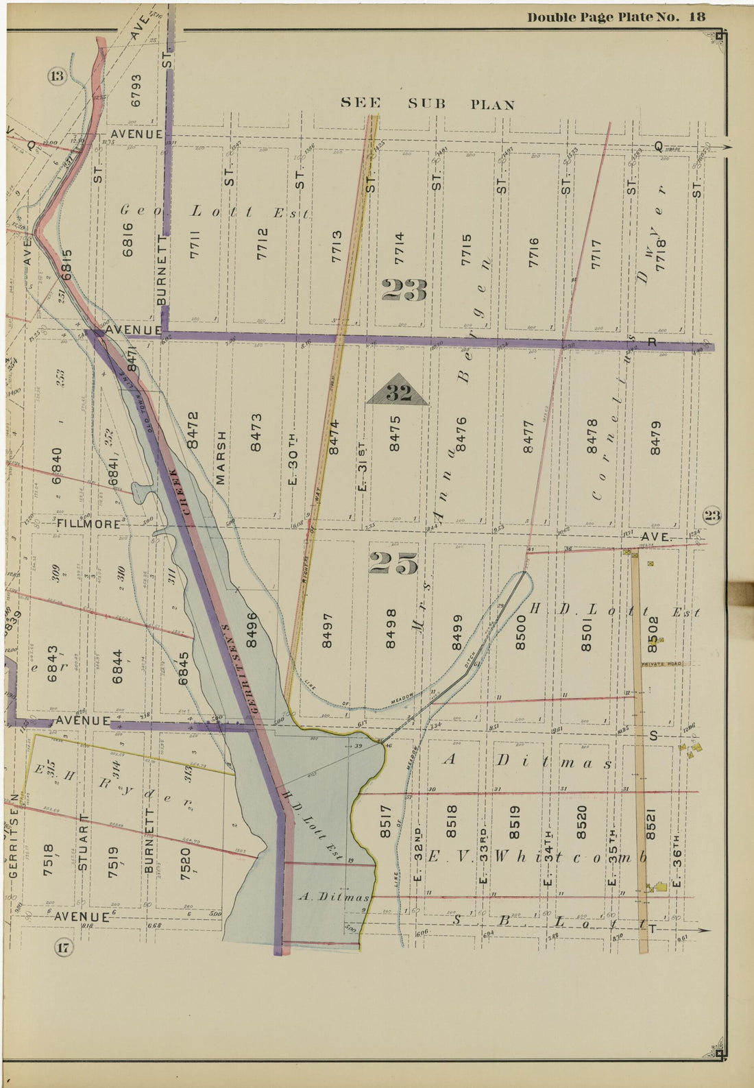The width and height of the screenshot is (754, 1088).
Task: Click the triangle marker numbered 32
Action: (x=398, y=391)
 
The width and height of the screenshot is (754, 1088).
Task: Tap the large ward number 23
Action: (x=404, y=291)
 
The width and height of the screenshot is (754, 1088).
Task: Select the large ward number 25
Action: (x=393, y=563)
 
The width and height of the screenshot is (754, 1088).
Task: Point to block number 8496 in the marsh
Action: (x=252, y=629)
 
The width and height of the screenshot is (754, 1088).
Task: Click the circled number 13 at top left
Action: (x=56, y=76)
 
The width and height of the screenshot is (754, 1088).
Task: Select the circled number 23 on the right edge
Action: (x=712, y=516)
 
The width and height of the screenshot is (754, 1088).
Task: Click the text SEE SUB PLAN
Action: (x=428, y=104)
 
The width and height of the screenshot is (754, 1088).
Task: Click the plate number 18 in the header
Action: (x=696, y=16)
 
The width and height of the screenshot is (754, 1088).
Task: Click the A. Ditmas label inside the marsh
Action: (x=335, y=897)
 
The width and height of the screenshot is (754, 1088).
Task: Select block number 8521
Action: (x=652, y=822)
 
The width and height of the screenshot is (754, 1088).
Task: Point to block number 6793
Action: (x=136, y=90)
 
